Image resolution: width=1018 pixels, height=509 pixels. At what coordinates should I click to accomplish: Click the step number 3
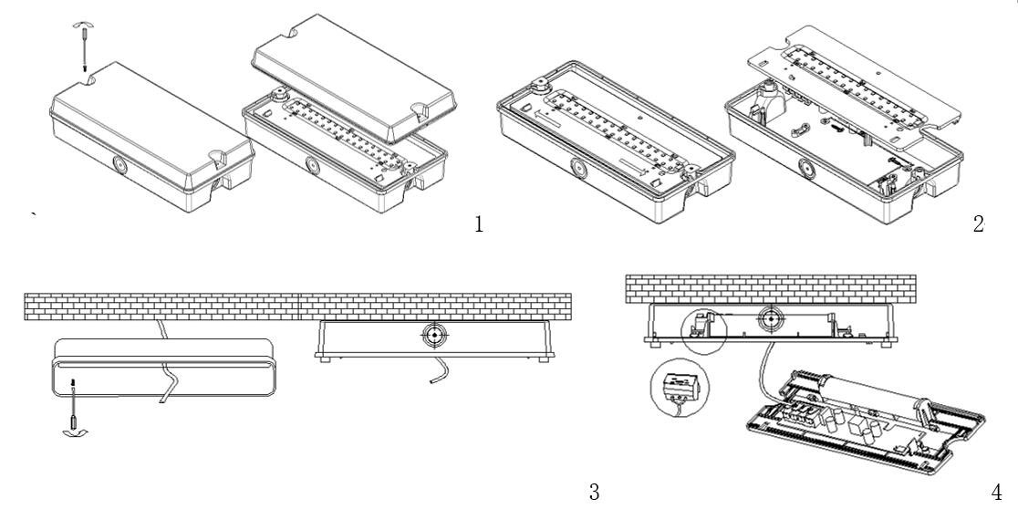coord(594,493)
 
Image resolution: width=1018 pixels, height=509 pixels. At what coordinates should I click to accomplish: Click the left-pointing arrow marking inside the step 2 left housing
coord(550,119)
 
